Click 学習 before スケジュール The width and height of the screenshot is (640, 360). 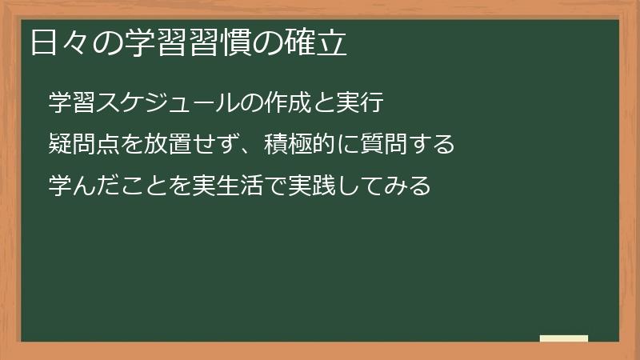72,102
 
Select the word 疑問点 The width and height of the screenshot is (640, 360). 84,145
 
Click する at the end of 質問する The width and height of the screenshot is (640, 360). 433,145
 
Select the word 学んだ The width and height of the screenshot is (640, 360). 84,186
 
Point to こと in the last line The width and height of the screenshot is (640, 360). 145,186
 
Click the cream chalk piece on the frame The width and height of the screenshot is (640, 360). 564,338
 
